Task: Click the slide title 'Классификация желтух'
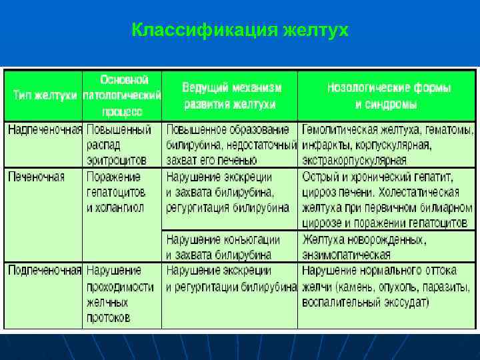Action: [x=239, y=30]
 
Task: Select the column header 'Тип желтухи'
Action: [x=45, y=95]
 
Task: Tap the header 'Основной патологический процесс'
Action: [x=123, y=95]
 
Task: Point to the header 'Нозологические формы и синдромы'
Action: [x=388, y=96]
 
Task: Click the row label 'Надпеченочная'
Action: [x=45, y=129]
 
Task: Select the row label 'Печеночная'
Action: [x=37, y=177]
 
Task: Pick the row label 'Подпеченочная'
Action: [x=45, y=271]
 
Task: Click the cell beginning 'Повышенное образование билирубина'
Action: [x=231, y=145]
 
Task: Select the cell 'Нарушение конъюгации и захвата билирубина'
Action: [x=223, y=247]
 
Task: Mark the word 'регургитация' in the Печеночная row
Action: [x=197, y=207]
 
